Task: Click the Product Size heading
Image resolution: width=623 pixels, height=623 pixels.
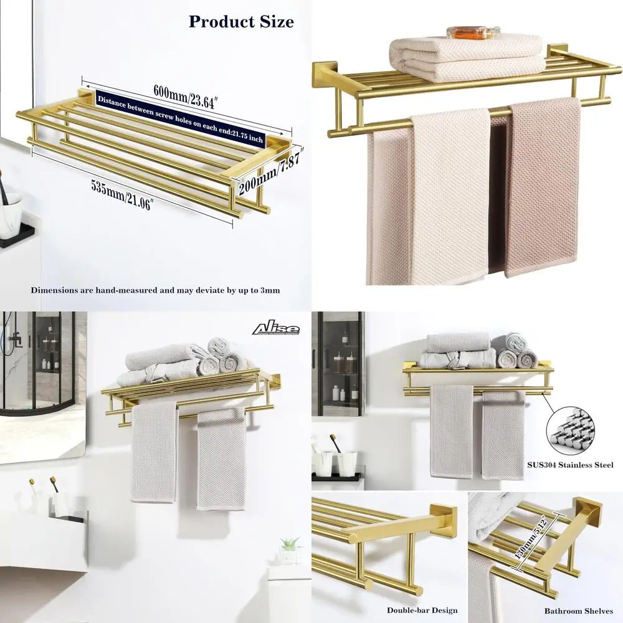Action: click(x=241, y=21)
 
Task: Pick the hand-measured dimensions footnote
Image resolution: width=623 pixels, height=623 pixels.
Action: click(x=156, y=290)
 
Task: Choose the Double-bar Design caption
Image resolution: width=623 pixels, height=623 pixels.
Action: click(x=422, y=611)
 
